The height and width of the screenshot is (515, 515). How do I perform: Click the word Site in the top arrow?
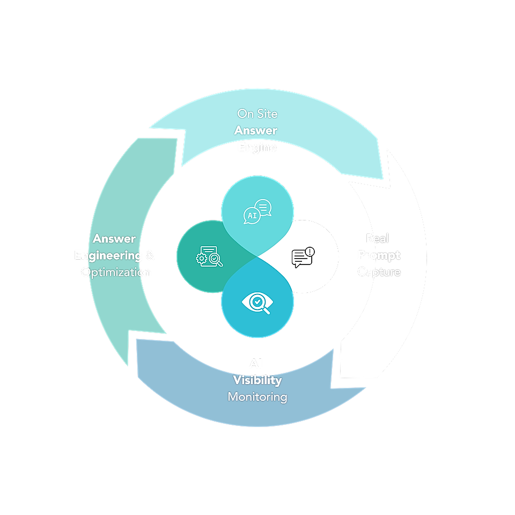(x=267, y=114)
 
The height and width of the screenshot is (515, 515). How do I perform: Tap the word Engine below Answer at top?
(x=257, y=147)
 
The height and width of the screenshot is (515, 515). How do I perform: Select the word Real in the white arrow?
(x=378, y=238)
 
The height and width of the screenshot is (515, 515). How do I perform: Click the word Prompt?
(x=379, y=255)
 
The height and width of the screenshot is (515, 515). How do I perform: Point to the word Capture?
(x=379, y=272)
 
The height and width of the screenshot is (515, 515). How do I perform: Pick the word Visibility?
(x=257, y=380)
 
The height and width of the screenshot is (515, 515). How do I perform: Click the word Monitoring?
(x=257, y=397)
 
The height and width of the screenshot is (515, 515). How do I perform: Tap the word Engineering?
(x=108, y=255)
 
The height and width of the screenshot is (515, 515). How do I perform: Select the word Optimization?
(x=116, y=272)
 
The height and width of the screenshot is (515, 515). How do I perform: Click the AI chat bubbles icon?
(x=257, y=211)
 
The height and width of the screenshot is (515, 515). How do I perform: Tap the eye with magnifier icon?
(x=257, y=303)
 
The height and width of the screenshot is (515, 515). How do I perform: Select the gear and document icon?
(x=209, y=257)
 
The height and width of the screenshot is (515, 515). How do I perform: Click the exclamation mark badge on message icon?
(x=310, y=252)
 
